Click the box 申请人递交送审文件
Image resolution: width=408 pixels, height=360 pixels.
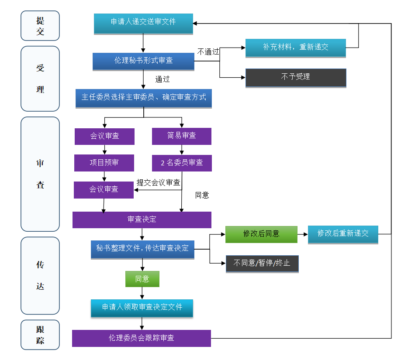coord(143,24)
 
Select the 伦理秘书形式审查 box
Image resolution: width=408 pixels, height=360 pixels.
coord(143,62)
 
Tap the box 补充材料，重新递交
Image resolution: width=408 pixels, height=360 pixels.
coord(296,48)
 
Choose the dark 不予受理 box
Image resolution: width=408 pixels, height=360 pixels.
coord(296,78)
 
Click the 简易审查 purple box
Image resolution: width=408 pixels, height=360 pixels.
coord(182,136)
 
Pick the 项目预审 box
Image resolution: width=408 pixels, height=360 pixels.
coord(104,163)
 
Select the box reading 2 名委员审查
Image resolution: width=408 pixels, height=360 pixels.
coord(182,163)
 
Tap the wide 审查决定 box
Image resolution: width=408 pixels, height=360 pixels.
coord(142,220)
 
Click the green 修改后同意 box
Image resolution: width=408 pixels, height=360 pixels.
coord(261,234)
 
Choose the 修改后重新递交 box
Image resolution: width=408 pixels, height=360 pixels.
coord(343,235)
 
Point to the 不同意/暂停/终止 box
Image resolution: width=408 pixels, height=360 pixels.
coord(262,264)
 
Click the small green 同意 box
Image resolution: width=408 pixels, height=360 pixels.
coord(142,279)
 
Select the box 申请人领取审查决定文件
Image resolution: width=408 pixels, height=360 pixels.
coord(142,308)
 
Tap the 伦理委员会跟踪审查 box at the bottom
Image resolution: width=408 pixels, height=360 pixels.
coord(142,338)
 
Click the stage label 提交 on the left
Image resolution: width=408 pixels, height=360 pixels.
coord(40,26)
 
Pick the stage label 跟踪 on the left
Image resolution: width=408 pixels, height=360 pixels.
coord(40,335)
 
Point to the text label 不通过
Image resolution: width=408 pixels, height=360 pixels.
coord(208,52)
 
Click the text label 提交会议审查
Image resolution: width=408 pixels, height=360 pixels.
coord(159,182)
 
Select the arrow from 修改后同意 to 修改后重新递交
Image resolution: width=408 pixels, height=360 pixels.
coord(303,234)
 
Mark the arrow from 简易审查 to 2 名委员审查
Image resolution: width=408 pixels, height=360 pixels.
coord(182,150)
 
